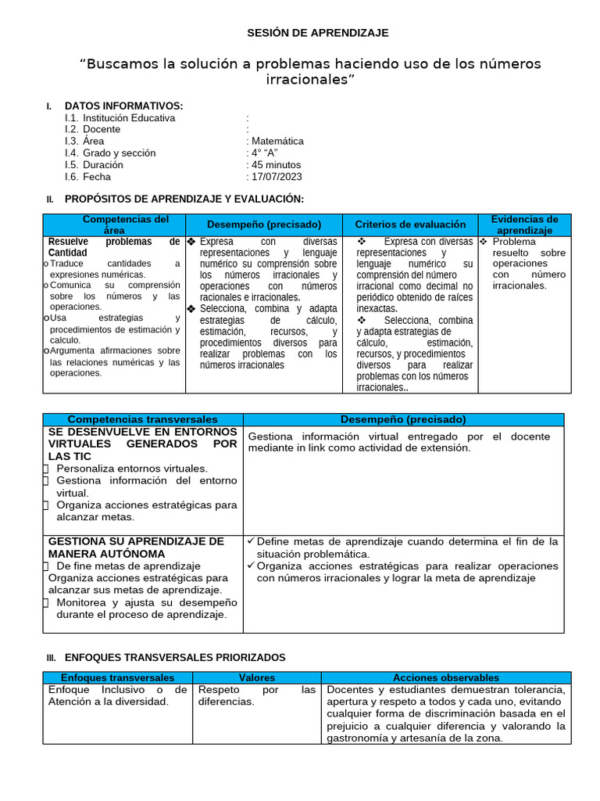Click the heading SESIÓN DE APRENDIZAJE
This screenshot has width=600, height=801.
click(x=317, y=33)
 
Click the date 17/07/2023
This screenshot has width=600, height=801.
click(x=276, y=177)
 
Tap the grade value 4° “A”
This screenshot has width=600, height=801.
click(x=264, y=153)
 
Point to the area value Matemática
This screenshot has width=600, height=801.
click(x=277, y=142)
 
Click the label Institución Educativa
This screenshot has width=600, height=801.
click(x=129, y=118)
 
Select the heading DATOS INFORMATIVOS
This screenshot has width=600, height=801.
click(x=123, y=106)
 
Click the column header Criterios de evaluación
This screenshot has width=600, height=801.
click(x=410, y=224)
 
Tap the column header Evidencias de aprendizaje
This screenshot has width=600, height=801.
click(x=524, y=224)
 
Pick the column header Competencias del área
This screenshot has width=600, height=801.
click(x=114, y=224)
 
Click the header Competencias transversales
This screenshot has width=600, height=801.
click(x=143, y=420)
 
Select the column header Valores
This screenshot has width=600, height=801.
click(x=256, y=678)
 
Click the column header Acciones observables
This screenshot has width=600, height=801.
click(x=445, y=678)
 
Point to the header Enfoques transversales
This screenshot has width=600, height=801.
click(x=117, y=678)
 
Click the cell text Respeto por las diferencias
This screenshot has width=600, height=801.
click(x=256, y=695)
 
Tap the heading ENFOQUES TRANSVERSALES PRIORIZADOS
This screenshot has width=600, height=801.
click(x=174, y=658)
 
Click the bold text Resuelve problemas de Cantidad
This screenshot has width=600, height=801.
click(x=113, y=247)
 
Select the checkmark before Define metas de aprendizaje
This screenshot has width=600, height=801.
click(x=251, y=541)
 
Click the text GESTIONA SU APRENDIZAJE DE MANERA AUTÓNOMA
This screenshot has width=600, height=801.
click(x=136, y=548)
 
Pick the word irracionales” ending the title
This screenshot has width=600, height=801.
click(x=310, y=80)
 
